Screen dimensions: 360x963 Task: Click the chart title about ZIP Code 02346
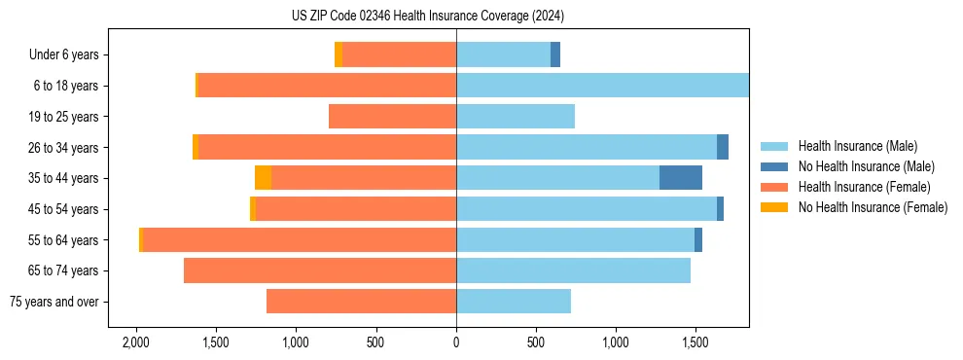(x=428, y=17)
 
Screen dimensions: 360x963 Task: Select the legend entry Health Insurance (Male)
(x=857, y=146)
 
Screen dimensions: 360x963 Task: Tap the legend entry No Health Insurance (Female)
(x=873, y=207)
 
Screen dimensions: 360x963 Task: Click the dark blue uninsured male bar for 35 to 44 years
(x=681, y=178)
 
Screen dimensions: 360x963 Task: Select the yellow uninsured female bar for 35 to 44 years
(x=263, y=178)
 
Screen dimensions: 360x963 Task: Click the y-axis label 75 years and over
(x=53, y=302)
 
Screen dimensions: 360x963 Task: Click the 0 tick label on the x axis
(x=456, y=343)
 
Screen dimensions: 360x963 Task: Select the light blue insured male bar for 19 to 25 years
(x=516, y=117)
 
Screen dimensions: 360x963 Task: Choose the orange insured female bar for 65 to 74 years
(x=320, y=270)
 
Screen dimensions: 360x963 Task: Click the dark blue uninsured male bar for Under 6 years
(x=555, y=55)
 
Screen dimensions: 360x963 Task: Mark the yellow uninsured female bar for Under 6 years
(x=339, y=55)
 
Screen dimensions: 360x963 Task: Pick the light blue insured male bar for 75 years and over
(x=514, y=302)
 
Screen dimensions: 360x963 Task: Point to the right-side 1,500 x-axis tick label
(x=695, y=343)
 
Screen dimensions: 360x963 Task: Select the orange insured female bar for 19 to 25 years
(x=393, y=117)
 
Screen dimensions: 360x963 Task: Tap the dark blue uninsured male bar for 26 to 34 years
(x=723, y=148)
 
